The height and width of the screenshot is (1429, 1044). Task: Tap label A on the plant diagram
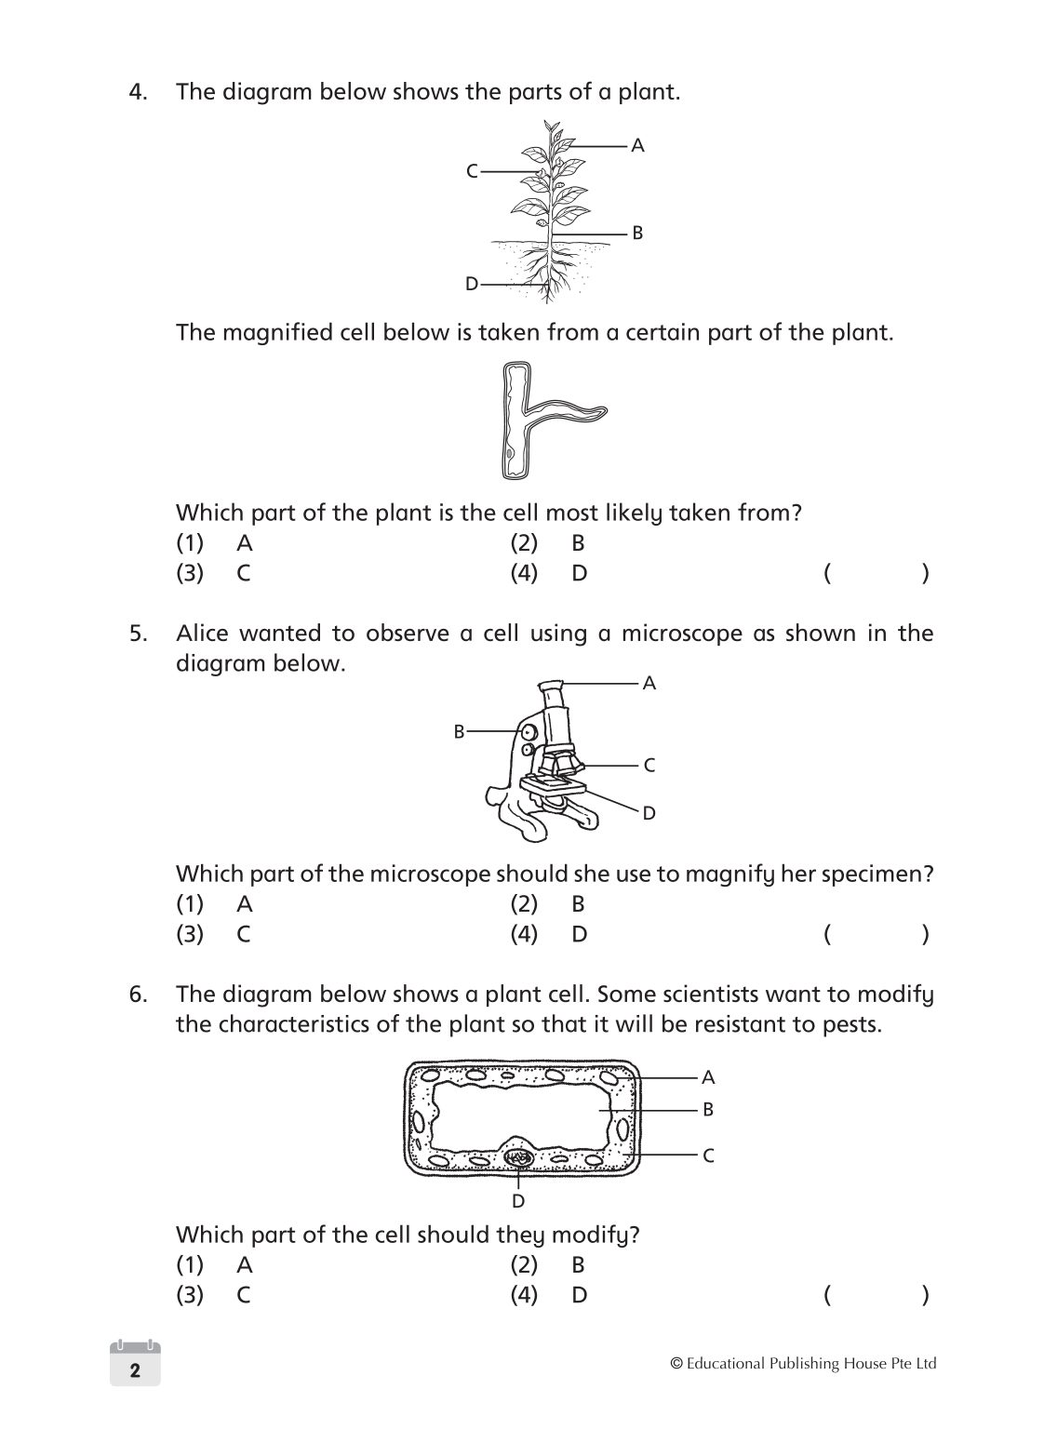coord(637,145)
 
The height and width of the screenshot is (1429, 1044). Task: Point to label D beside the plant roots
coord(472,284)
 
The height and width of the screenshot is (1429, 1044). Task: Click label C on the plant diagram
coord(472,171)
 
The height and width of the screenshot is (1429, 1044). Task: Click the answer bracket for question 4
coord(875,573)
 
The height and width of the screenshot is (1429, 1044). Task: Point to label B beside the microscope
coord(459,732)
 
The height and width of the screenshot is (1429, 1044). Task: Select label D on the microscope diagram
coord(649,813)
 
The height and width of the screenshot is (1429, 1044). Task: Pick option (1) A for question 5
coord(215,904)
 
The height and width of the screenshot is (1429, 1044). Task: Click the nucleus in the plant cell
coord(518,1158)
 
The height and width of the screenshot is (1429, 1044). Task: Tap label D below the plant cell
coord(518,1201)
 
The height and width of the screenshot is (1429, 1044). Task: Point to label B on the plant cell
coord(707,1110)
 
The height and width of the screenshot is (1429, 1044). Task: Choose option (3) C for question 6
coord(215,1295)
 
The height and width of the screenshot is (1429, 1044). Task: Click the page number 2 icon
coord(135,1369)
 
